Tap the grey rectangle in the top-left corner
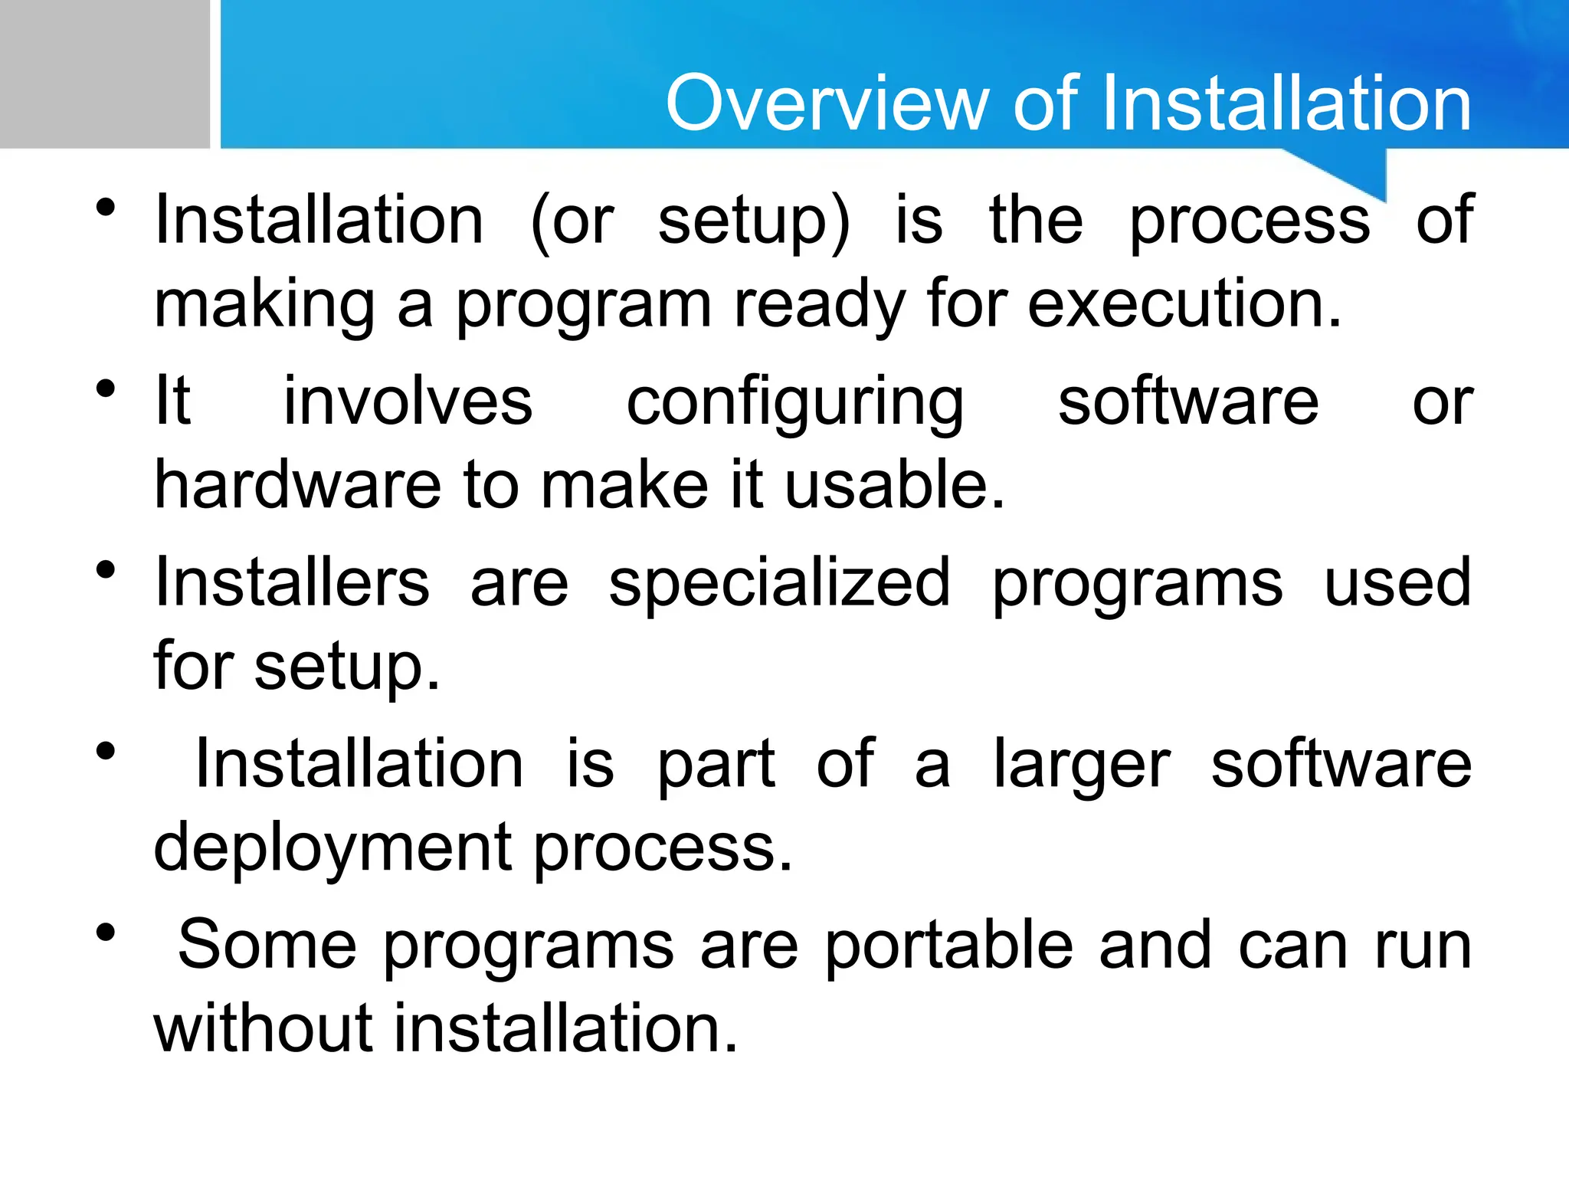point(104,74)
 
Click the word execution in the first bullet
point(1184,304)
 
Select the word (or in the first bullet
point(572,221)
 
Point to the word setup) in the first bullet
point(755,223)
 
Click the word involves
point(408,402)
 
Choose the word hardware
point(298,485)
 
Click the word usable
point(894,485)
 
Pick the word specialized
point(780,584)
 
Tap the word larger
point(1082,766)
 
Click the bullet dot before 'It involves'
point(106,389)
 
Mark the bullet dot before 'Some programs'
point(106,933)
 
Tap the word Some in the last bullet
point(267,945)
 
